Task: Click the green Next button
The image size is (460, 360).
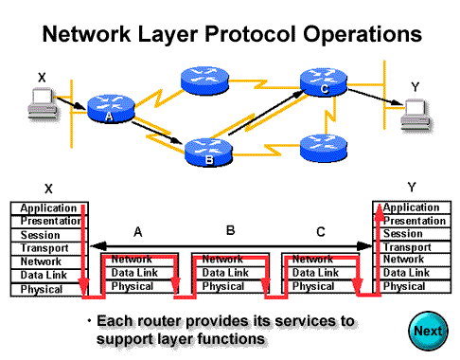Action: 427,332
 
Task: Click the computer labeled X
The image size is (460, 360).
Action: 41,98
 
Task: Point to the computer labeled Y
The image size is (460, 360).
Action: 414,117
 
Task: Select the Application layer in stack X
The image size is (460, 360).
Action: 43,207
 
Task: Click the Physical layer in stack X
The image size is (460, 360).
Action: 43,287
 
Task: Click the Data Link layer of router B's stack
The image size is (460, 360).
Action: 224,273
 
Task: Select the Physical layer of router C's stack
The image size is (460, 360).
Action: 314,286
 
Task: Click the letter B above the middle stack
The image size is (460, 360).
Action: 230,230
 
